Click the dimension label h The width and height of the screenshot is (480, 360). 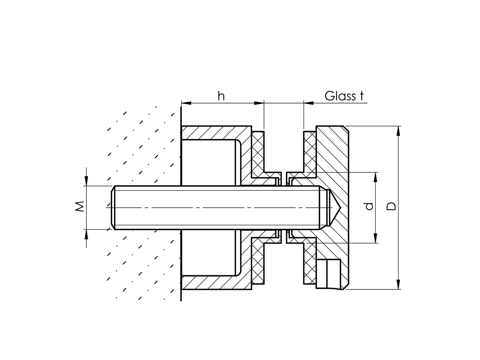coord(221,96)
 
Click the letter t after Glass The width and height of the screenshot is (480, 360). coord(361,96)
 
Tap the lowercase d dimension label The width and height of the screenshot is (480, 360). coord(369,206)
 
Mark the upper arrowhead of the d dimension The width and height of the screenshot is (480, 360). coord(375,177)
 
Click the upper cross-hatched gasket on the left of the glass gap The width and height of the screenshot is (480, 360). coord(258,151)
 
